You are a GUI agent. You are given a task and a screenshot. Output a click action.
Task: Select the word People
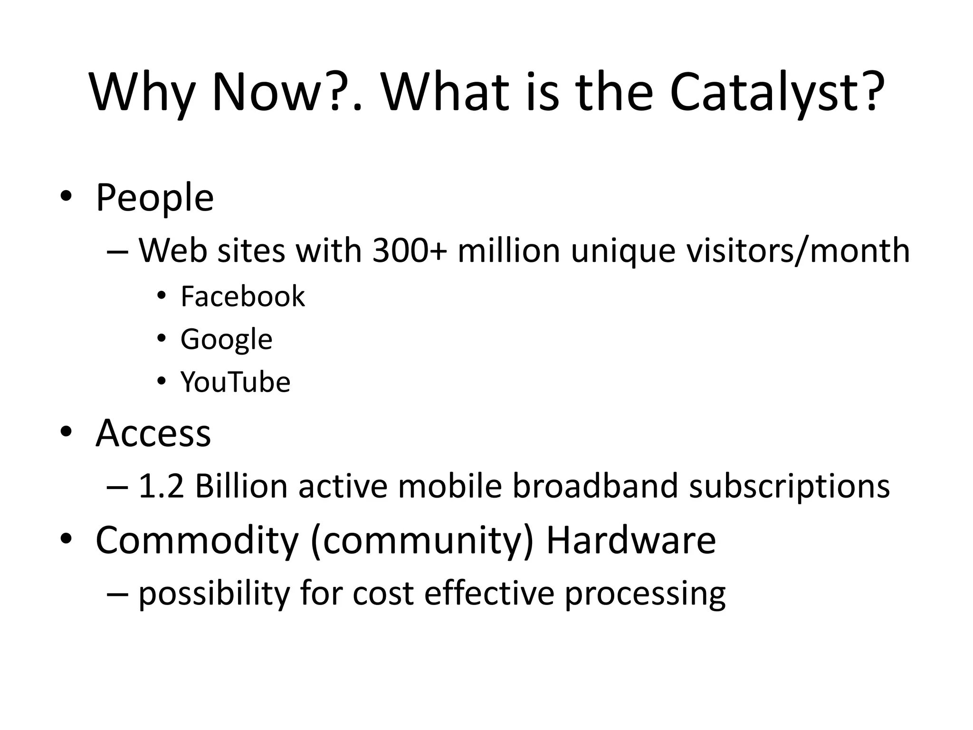click(154, 198)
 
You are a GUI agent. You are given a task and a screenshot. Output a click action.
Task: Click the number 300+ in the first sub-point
click(410, 250)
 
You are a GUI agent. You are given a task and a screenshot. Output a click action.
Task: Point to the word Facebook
click(243, 296)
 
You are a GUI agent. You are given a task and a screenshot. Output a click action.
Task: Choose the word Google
click(226, 339)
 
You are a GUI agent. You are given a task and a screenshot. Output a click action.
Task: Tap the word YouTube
click(235, 382)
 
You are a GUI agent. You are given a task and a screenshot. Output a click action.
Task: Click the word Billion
click(241, 486)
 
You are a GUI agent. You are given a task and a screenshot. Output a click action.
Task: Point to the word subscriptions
click(789, 487)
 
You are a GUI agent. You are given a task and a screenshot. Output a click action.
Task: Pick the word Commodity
click(197, 540)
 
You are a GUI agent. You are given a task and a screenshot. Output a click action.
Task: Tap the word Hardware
click(631, 540)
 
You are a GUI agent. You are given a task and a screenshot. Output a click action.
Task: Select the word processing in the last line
click(645, 594)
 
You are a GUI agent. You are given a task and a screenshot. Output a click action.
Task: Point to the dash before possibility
click(117, 595)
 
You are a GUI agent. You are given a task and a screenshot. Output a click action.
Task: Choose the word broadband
click(595, 486)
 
